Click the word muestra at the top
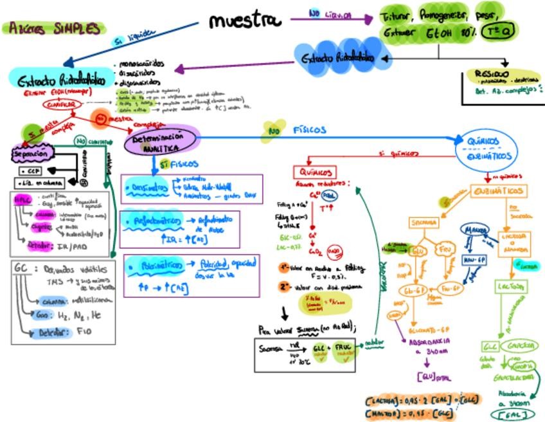(245, 21)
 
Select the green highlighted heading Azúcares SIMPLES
(54, 29)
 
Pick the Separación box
(30, 155)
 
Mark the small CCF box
(30, 172)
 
